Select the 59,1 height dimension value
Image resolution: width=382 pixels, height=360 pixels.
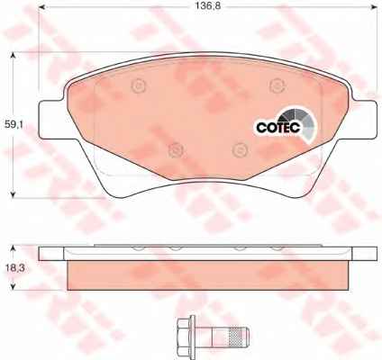click(x=14, y=124)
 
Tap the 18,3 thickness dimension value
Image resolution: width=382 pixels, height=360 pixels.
click(x=14, y=268)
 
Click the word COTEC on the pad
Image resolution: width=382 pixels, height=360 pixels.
click(x=278, y=128)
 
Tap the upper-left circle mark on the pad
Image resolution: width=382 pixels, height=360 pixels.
click(x=139, y=86)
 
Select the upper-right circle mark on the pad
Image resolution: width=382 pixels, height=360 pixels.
click(x=277, y=86)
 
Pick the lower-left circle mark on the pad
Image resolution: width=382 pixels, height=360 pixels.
click(x=176, y=150)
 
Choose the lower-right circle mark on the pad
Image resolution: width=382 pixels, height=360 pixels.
click(x=241, y=150)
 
